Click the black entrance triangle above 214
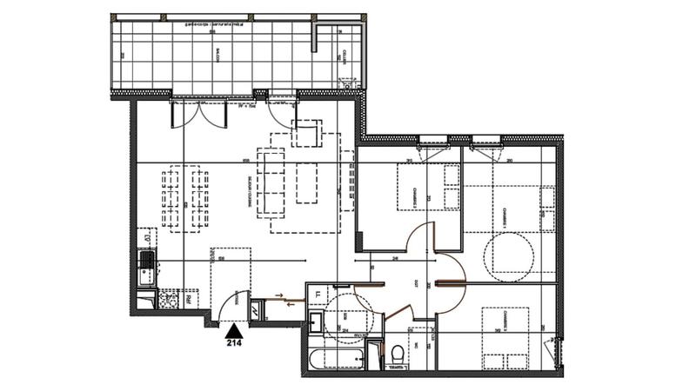[x=233, y=330]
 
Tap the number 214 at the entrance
[x=234, y=342]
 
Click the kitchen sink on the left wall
[x=145, y=262]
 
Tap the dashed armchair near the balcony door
[x=308, y=135]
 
